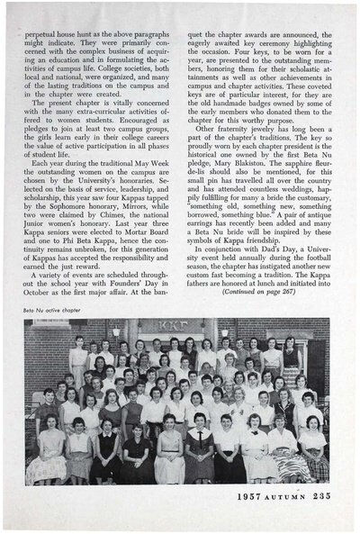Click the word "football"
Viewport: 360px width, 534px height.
tap(310, 285)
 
